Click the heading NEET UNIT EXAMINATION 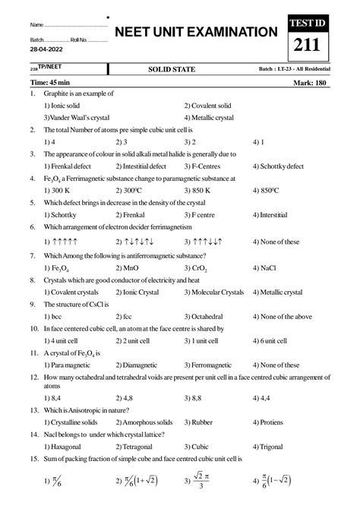pyautogui.click(x=195, y=32)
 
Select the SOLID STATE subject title pyautogui.click(x=172, y=69)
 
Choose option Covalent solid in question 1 pyautogui.click(x=210, y=106)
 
